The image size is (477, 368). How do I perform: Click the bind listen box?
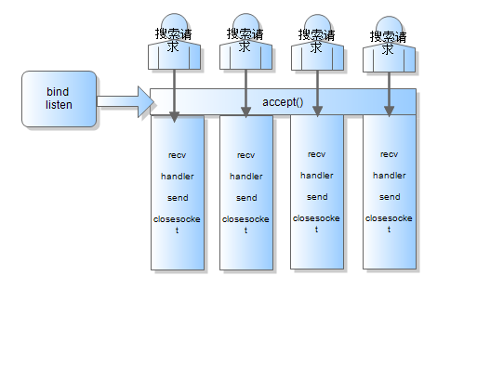[59, 99]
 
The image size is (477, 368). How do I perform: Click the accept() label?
[283, 102]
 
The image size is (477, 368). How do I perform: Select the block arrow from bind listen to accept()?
[126, 102]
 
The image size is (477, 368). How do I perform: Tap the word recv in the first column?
[177, 155]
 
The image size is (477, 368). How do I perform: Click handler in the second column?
[246, 177]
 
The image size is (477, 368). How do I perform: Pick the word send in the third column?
[317, 197]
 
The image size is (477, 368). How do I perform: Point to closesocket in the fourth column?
[389, 224]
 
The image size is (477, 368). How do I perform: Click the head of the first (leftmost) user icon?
[174, 23]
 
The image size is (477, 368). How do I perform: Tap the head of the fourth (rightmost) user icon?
[389, 26]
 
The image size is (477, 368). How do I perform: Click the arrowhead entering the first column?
[174, 117]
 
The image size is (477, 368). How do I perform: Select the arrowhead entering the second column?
[245, 112]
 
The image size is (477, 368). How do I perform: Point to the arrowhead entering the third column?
[317, 112]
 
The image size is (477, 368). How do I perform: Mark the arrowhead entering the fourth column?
[389, 112]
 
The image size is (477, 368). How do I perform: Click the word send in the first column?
[178, 198]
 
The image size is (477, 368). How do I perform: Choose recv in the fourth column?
[389, 154]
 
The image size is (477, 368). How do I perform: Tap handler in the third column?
[317, 176]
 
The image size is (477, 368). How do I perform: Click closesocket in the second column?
[245, 225]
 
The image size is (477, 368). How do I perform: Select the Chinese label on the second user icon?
[245, 40]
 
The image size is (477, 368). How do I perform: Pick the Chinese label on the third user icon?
[316, 41]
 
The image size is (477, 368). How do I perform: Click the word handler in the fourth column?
[390, 176]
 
